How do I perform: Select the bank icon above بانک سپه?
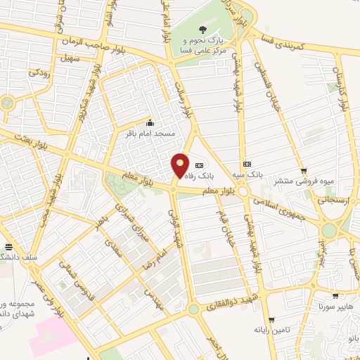pos(246,163)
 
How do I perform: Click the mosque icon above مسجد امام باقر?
pos(149,123)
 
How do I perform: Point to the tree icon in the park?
pos(202,30)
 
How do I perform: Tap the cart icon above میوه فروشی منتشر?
pos(304,170)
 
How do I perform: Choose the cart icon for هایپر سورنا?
pos(335,296)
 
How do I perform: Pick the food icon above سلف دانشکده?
pos(8,247)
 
